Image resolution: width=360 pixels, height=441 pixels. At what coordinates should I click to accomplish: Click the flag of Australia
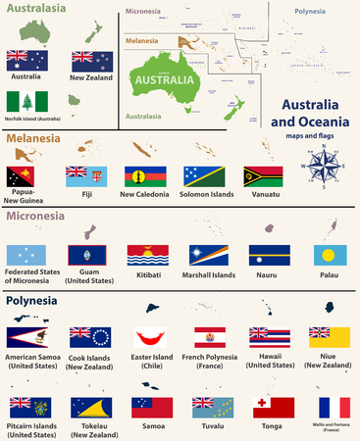[x=26, y=60]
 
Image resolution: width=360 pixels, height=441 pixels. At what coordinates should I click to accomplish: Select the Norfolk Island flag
[x=26, y=101]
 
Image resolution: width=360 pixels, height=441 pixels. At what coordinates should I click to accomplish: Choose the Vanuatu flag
[x=263, y=177]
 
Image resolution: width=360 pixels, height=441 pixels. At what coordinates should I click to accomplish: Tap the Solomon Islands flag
[x=203, y=177]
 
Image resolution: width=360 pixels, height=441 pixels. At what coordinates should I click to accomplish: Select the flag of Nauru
[x=264, y=257]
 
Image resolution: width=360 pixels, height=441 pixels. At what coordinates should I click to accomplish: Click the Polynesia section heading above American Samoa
[x=34, y=300]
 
